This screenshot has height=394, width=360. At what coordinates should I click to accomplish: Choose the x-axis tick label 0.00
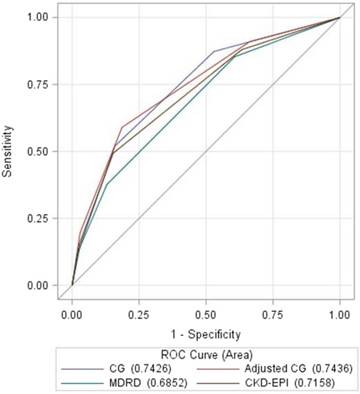72,317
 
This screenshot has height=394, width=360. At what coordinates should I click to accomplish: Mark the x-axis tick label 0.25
139,317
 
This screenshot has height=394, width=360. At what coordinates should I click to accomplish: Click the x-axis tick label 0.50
206,317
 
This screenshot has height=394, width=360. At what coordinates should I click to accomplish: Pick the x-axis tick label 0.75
273,317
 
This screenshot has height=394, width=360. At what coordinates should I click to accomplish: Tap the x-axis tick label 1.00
340,317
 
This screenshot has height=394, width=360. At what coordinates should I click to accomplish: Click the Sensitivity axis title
7,151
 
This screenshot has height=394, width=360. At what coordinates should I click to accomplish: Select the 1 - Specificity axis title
206,334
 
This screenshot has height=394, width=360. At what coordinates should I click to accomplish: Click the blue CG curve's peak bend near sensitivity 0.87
214,51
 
